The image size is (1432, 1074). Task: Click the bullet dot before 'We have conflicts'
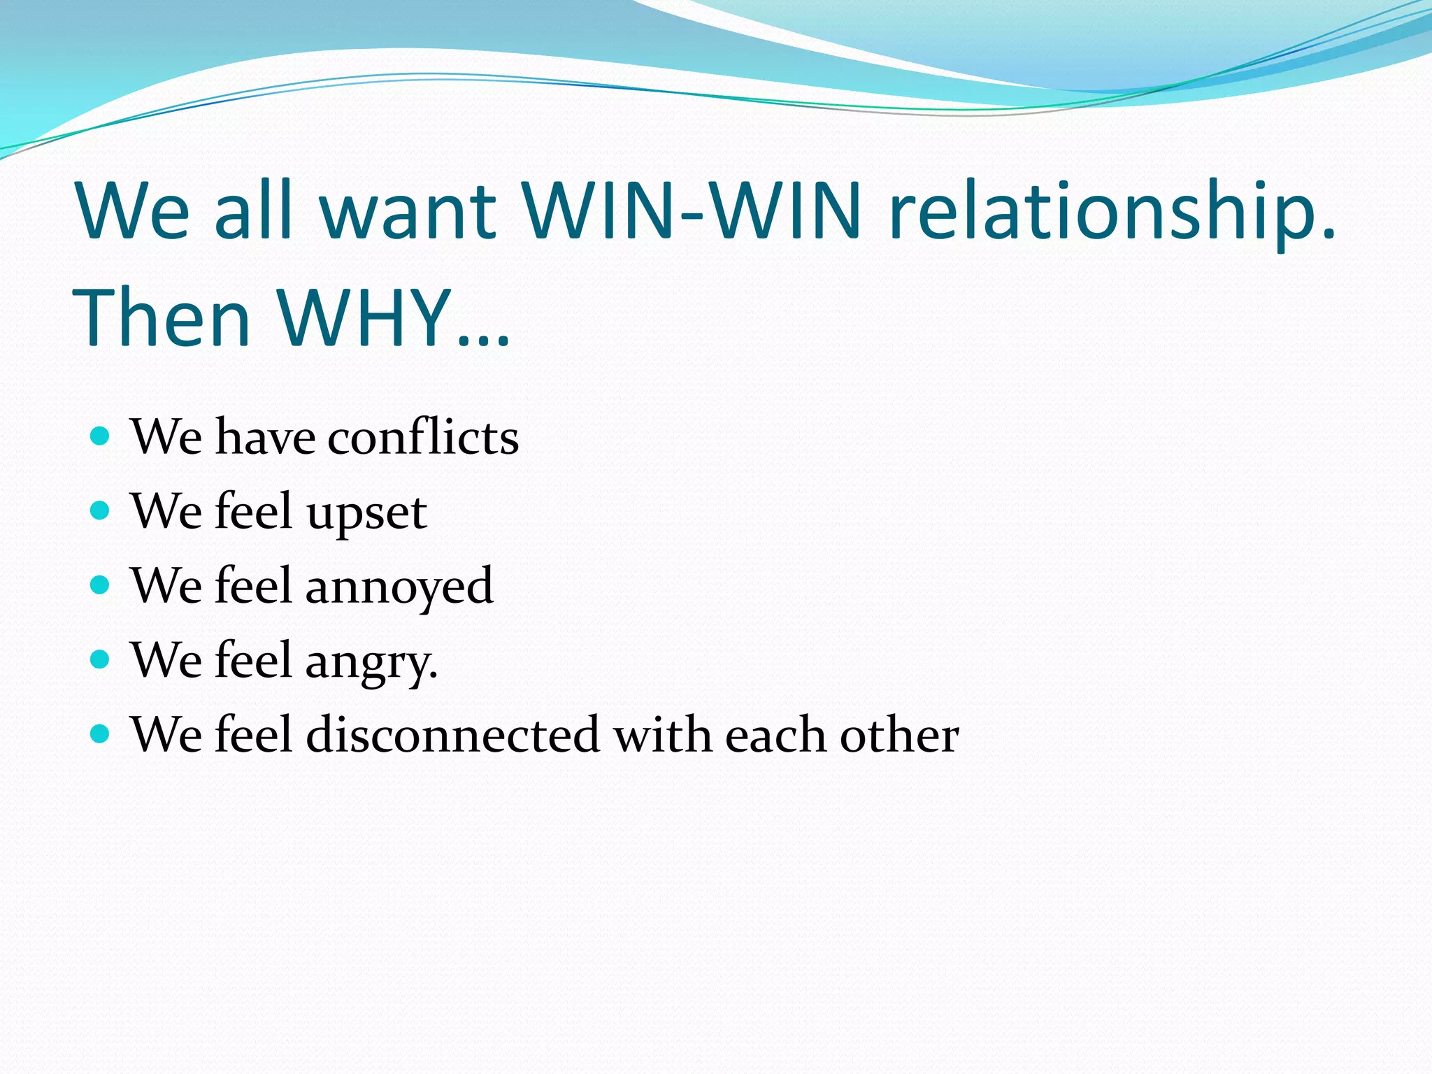[x=101, y=436]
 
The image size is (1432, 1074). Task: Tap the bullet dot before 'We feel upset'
[x=101, y=510]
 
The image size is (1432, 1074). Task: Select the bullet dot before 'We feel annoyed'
[x=101, y=585]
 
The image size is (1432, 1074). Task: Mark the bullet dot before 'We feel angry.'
[x=101, y=659]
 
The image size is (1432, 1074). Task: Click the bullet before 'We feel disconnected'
[x=101, y=733]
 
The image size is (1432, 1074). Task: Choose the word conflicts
[x=423, y=437]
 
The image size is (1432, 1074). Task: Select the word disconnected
[x=452, y=735]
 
